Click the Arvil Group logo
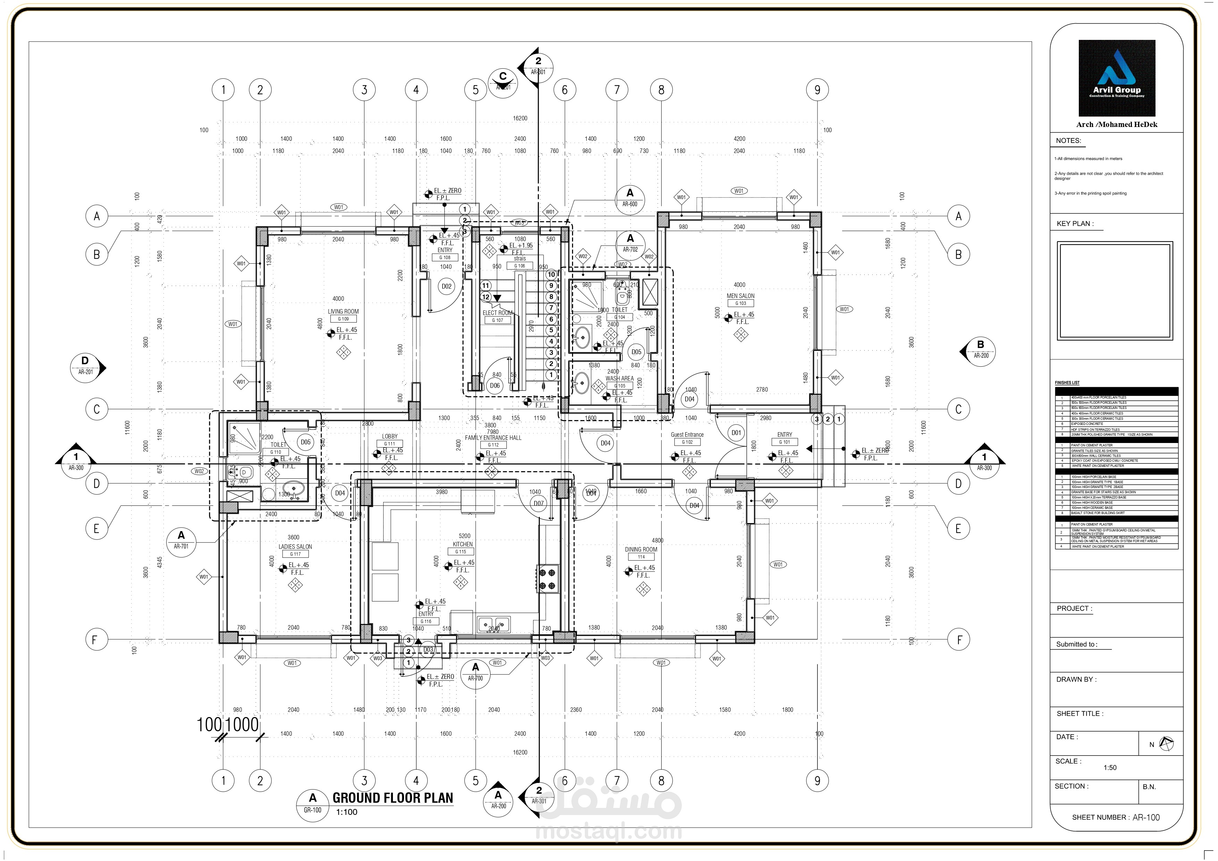pos(1117,78)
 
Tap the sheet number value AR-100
pos(1146,817)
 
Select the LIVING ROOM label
pos(343,312)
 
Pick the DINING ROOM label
pos(641,549)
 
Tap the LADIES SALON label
pos(295,547)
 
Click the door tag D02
pos(447,286)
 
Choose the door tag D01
pos(736,433)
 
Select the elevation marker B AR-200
pos(980,350)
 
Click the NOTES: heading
pos(1068,140)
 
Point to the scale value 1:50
pos(1110,767)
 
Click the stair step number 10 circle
pos(551,275)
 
